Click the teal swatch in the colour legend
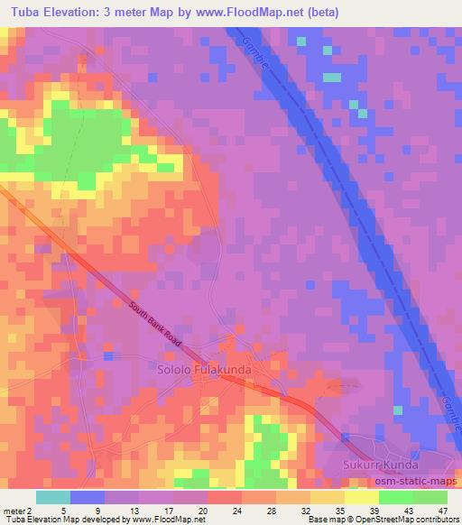(53, 496)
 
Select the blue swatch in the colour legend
(87, 496)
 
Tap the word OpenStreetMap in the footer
(382, 520)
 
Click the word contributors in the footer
(436, 520)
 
